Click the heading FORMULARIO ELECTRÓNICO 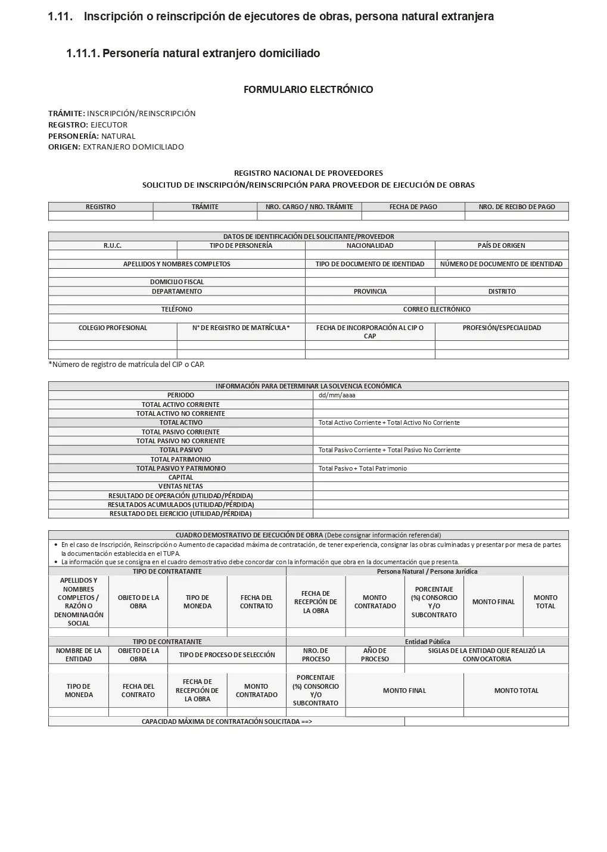(308, 89)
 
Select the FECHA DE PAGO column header (413, 207)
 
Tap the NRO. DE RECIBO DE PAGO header (516, 207)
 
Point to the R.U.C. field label (113, 245)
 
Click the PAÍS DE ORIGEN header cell (501, 245)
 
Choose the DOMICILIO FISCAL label (176, 282)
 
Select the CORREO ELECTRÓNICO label (436, 309)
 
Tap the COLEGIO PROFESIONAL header (113, 328)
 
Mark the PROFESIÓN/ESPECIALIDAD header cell (502, 328)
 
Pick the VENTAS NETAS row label (180, 486)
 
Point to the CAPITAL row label (180, 477)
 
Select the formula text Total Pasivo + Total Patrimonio (362, 468)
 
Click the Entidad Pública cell (427, 642)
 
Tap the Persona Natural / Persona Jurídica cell (427, 571)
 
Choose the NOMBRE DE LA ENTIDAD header (79, 655)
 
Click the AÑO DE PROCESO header (375, 655)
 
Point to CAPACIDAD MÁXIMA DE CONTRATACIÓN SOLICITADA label (226, 722)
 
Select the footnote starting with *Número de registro (126, 364)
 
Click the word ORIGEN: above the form (64, 147)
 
